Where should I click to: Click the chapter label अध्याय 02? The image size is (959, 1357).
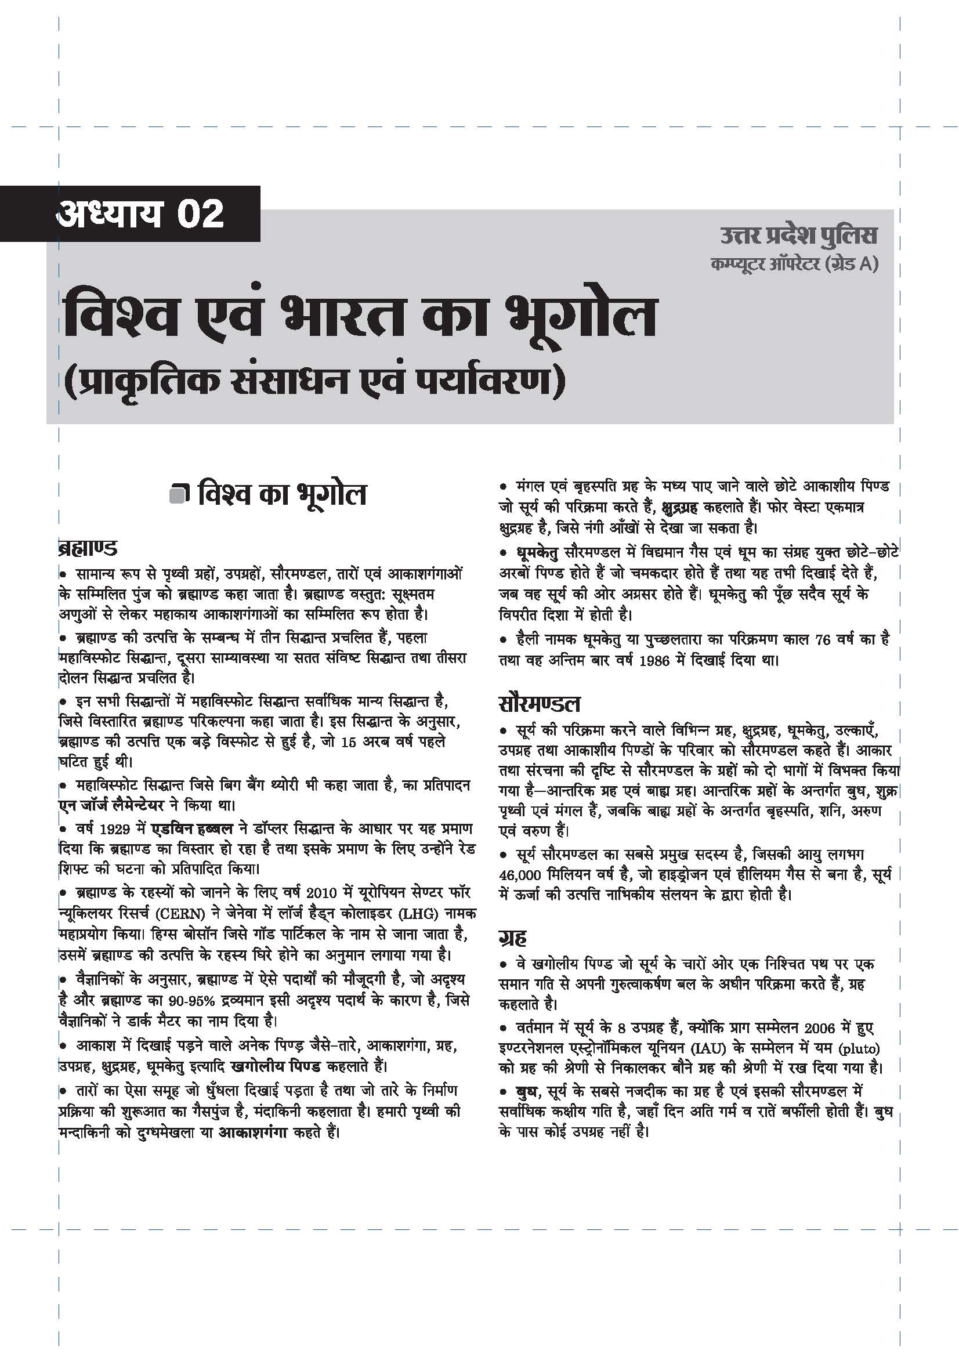point(140,213)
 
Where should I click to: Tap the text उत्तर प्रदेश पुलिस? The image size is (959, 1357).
point(798,235)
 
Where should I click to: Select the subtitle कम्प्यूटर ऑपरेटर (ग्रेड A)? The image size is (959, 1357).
point(794,264)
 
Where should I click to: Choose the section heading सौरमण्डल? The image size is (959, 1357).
point(540,703)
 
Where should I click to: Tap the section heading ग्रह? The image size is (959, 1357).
point(512,938)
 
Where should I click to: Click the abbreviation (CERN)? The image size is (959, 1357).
point(181,914)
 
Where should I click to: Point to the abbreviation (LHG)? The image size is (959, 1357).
point(418,914)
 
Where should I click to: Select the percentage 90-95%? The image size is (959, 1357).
point(191,1001)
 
